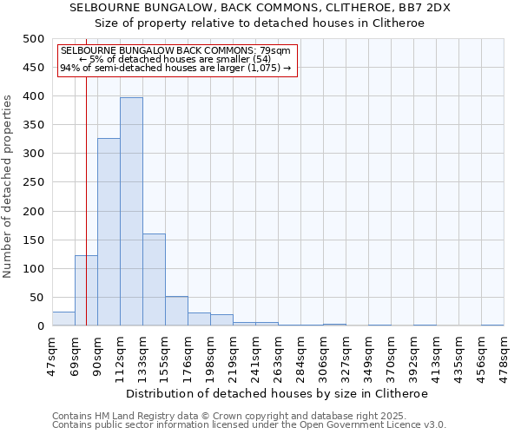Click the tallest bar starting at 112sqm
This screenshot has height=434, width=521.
131,212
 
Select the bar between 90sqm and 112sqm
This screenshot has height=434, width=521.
109,232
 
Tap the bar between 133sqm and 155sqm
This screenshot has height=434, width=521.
154,279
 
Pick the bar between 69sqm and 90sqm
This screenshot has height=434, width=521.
86,291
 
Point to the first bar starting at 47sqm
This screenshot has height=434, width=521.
63,319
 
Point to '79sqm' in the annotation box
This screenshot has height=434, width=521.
276,51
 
